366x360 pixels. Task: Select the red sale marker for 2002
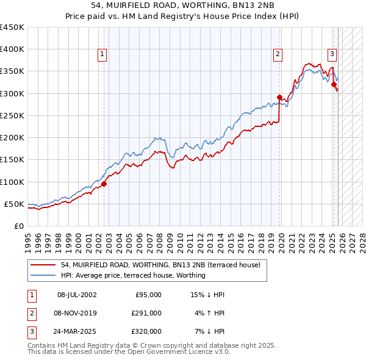[x=104, y=184]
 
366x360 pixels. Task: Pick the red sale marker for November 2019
[x=279, y=97]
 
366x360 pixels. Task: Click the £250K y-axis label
[x=12, y=115]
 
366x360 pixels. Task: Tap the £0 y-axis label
[x=18, y=226]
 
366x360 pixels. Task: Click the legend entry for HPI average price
[x=133, y=275]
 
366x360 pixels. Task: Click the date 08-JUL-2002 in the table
[x=77, y=295]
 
